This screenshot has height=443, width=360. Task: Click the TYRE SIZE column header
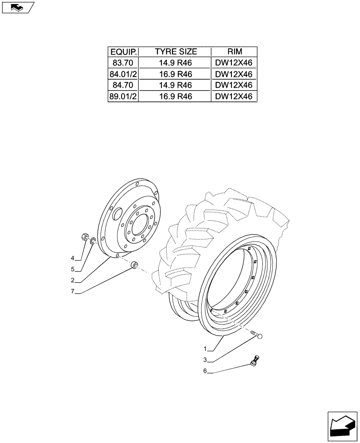[176, 52]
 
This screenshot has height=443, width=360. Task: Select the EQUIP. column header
[123, 52]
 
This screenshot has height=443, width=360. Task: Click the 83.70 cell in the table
[123, 63]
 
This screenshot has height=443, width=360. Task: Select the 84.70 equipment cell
[123, 85]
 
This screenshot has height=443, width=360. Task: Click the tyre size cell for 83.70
[176, 63]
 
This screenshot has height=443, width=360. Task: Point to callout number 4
[72, 258]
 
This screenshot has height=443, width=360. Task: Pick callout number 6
[205, 372]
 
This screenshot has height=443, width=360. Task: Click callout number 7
[72, 292]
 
